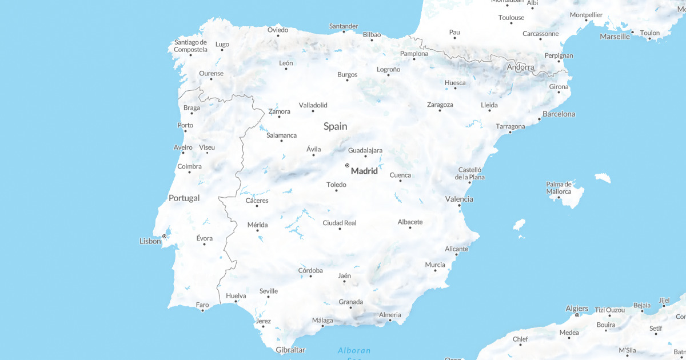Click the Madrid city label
coord(364,171)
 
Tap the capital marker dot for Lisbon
coord(164,236)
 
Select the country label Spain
coord(335,126)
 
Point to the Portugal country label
coord(184,198)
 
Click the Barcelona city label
coord(559,114)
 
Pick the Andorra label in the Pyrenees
coord(520,67)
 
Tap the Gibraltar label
coord(290,350)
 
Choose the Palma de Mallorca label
coord(559,187)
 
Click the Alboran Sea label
coord(354,350)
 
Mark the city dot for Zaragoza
coord(440,110)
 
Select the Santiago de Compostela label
coord(190,46)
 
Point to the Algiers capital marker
coord(577,315)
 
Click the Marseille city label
coord(615,37)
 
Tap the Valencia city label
coord(459,199)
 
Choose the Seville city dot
coord(268,297)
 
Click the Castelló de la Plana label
coord(470,173)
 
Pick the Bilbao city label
coord(372,35)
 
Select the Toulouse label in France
coord(511,18)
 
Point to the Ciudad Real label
coord(340,223)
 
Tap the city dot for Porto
coord(185,131)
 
